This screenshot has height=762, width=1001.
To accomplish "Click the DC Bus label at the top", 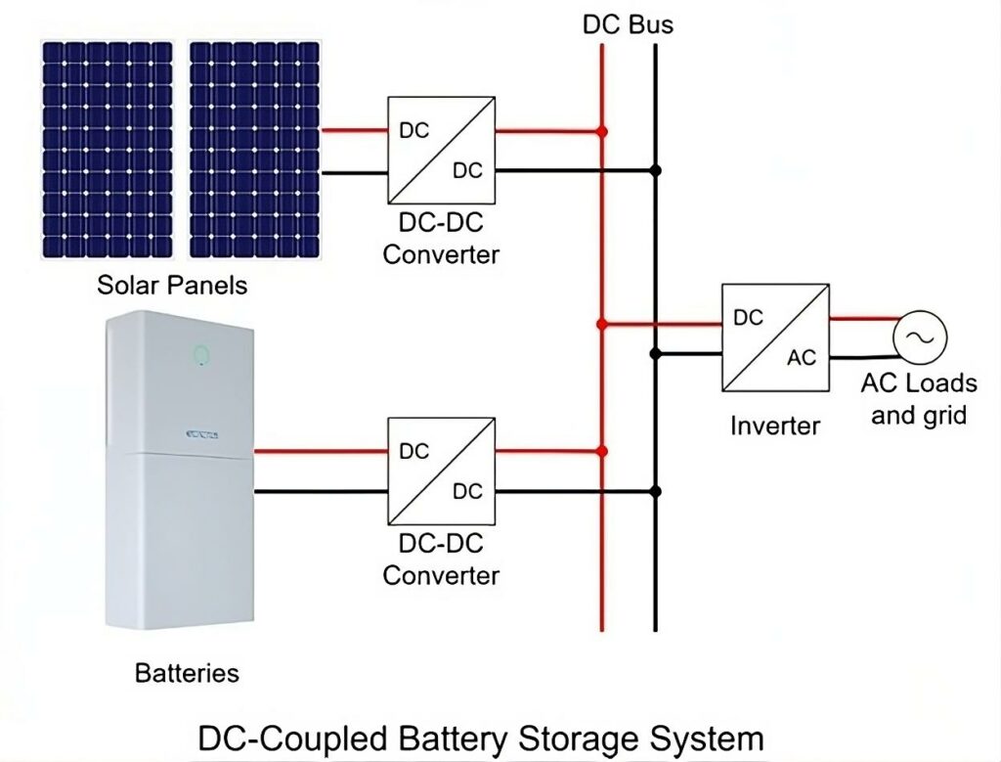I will click(x=628, y=23).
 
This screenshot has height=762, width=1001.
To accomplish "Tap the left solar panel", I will click(x=108, y=148).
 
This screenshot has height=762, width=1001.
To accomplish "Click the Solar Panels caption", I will click(x=172, y=286).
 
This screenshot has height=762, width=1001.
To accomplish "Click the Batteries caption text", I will click(x=186, y=673).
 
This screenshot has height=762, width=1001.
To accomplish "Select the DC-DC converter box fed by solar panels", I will click(x=441, y=149).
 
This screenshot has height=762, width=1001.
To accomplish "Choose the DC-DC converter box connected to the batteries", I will click(x=441, y=470).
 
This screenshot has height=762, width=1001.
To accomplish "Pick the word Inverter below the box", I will click(x=775, y=426).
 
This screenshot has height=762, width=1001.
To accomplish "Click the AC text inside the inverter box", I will click(x=802, y=358).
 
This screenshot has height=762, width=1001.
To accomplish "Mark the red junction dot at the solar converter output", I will click(x=602, y=130).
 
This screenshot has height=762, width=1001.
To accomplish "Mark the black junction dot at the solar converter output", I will click(x=656, y=170).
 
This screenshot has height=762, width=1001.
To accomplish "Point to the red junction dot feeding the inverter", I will click(x=602, y=323).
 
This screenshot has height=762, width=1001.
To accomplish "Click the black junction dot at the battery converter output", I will click(x=656, y=491).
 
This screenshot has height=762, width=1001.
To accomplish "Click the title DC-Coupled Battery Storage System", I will click(x=480, y=737).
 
